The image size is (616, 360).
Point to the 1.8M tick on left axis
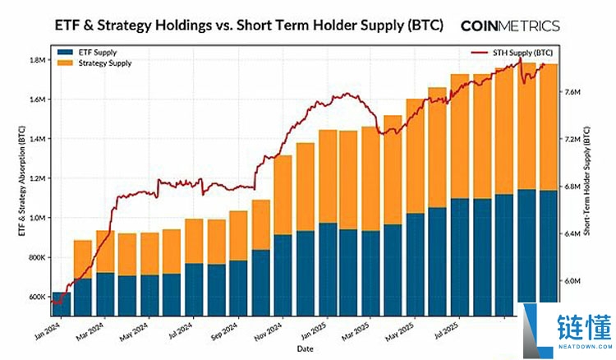[35, 60]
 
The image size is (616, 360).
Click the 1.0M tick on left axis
[35, 218]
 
